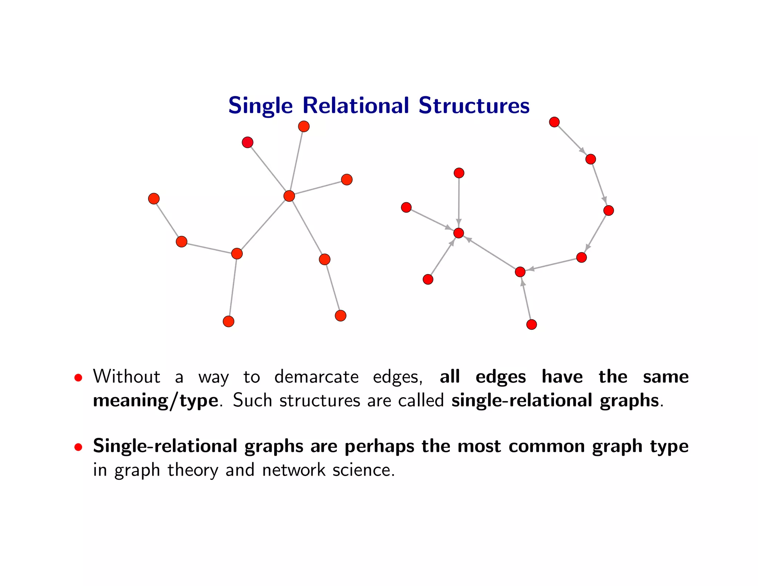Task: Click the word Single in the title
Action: coord(260,106)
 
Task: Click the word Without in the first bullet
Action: coord(127,377)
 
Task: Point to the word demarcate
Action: coord(316,377)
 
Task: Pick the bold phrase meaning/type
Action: coord(155,401)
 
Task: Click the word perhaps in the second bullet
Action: coord(379,446)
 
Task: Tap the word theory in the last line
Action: coord(192,470)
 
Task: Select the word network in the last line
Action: coord(294,470)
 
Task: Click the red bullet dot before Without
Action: coord(78,378)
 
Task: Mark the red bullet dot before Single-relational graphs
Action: coord(78,447)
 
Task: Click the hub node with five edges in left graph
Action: coord(289,196)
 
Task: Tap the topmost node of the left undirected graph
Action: coord(304,126)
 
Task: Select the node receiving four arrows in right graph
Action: coord(459,233)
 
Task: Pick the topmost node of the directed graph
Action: coord(554,122)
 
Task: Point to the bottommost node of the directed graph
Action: coord(531,324)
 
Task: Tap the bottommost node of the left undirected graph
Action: coord(228,321)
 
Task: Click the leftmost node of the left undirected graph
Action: coord(154,199)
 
